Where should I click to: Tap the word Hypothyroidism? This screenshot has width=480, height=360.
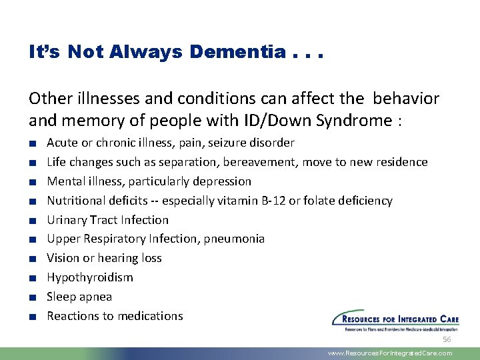(x=90, y=277)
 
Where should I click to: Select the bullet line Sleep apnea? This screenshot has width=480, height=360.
(x=79, y=297)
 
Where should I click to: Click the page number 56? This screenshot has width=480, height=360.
(x=447, y=340)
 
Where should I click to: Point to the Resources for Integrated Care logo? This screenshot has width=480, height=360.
(x=395, y=320)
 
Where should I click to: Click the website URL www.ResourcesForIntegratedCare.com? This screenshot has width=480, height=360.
(x=390, y=353)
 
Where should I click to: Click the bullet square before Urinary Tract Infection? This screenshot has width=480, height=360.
(x=32, y=220)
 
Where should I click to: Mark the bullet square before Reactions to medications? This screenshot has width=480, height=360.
(x=32, y=317)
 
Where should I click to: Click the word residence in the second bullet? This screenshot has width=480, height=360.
(x=403, y=162)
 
